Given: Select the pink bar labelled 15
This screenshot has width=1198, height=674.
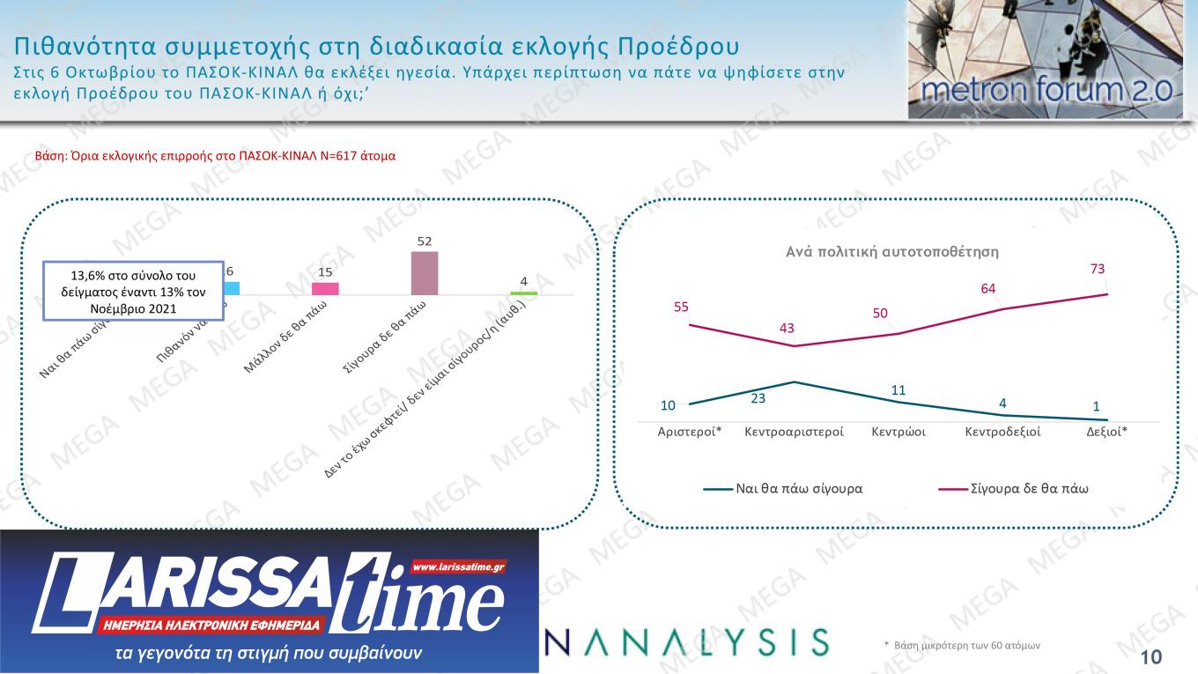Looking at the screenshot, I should click(325, 288).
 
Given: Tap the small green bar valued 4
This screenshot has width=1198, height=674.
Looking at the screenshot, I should click(523, 293).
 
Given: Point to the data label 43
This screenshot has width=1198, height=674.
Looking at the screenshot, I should click(787, 328).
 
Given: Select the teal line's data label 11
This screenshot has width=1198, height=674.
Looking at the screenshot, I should click(898, 389).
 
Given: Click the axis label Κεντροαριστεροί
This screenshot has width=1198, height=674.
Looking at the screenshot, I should click(795, 433).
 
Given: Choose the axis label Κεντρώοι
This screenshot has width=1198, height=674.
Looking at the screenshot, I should click(898, 433).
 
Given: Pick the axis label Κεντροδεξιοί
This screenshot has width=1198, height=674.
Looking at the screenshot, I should click(1002, 433).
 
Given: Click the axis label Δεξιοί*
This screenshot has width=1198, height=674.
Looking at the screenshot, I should click(1106, 433).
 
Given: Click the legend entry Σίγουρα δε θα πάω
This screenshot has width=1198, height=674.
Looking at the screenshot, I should click(1029, 487).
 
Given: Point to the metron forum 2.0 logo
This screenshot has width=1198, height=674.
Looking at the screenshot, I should click(1046, 60).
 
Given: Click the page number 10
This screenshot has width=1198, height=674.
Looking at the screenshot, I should click(1150, 656).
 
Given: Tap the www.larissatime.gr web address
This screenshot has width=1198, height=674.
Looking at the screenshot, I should click(457, 567).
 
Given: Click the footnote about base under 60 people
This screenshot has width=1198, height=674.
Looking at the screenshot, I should click(962, 646).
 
